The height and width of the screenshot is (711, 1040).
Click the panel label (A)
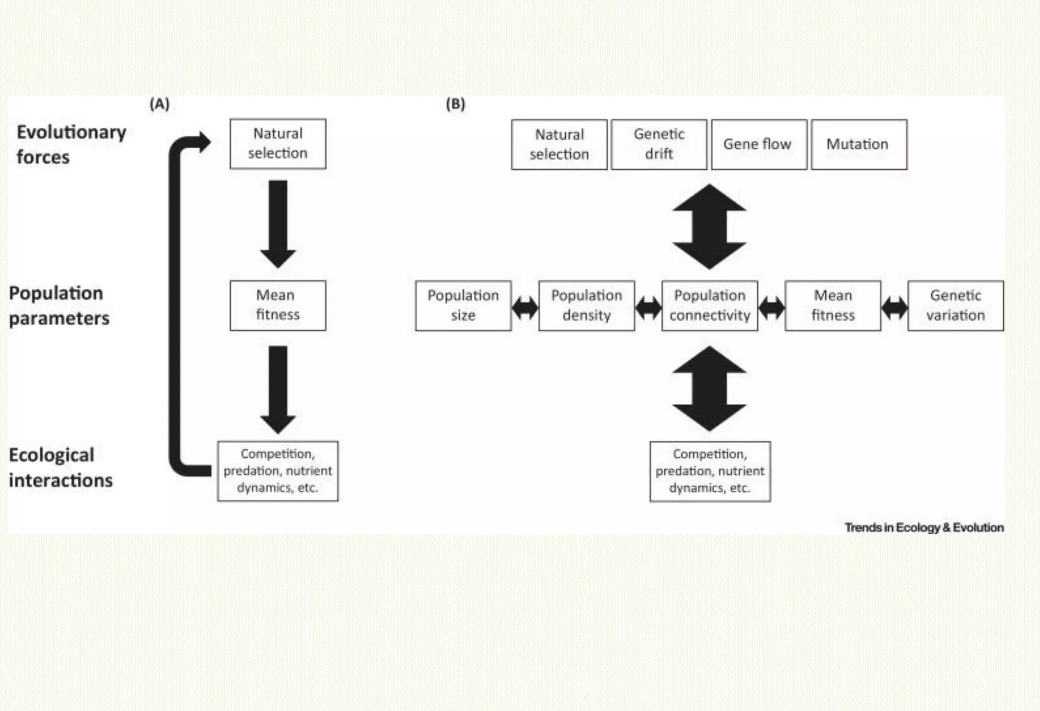click(x=159, y=104)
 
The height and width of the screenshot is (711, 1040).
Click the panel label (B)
click(x=455, y=104)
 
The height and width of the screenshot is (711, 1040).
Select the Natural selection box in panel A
click(x=278, y=144)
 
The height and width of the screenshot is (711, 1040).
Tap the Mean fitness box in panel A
click(x=278, y=305)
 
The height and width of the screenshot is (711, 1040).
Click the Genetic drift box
click(x=659, y=144)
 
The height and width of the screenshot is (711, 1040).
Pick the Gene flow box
click(x=759, y=144)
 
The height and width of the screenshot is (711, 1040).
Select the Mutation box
click(x=858, y=144)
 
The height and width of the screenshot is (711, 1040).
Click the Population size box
click(x=463, y=305)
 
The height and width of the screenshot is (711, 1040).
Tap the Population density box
click(x=587, y=305)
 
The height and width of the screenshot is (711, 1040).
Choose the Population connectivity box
click(x=709, y=305)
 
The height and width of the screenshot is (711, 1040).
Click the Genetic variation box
click(x=955, y=305)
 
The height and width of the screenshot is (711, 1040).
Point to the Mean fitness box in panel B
click(x=833, y=305)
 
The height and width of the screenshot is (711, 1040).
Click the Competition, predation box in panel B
click(x=710, y=471)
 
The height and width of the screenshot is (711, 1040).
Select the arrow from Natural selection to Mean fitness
click(x=278, y=224)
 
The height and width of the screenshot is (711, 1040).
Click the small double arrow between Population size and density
click(x=525, y=307)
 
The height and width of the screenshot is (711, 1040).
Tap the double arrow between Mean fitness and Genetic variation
click(x=894, y=307)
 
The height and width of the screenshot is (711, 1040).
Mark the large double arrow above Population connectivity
click(x=709, y=227)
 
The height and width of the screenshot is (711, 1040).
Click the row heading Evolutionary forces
click(x=71, y=144)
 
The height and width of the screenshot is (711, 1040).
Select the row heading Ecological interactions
click(x=60, y=467)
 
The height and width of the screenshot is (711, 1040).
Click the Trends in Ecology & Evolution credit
click(x=924, y=528)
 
